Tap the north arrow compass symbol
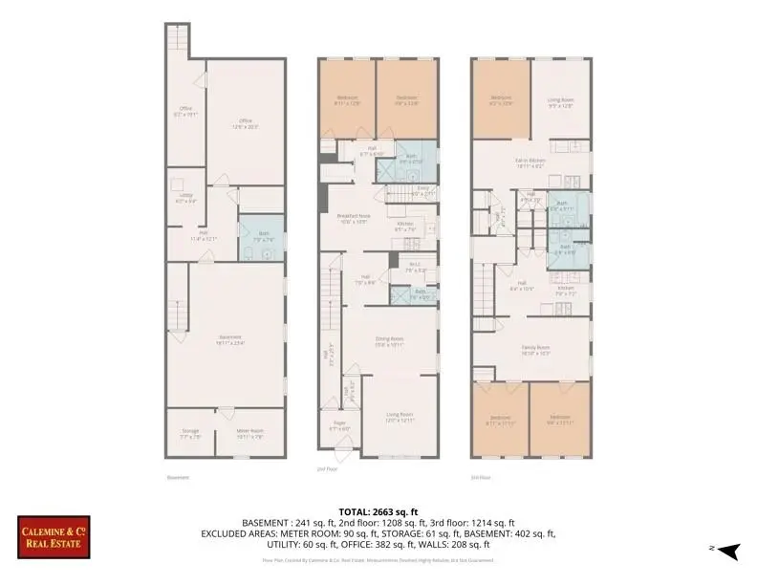click(x=728, y=550)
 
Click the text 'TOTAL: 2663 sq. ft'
click(x=378, y=511)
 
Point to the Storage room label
click(x=191, y=434)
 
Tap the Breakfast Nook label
click(x=353, y=218)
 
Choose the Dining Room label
click(x=389, y=341)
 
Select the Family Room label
click(x=535, y=349)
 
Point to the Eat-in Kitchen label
click(x=530, y=162)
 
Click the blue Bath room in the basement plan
click(x=255, y=239)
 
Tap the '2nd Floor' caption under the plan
click(x=329, y=469)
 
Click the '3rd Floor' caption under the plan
click(x=481, y=477)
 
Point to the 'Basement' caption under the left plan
click(x=178, y=477)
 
